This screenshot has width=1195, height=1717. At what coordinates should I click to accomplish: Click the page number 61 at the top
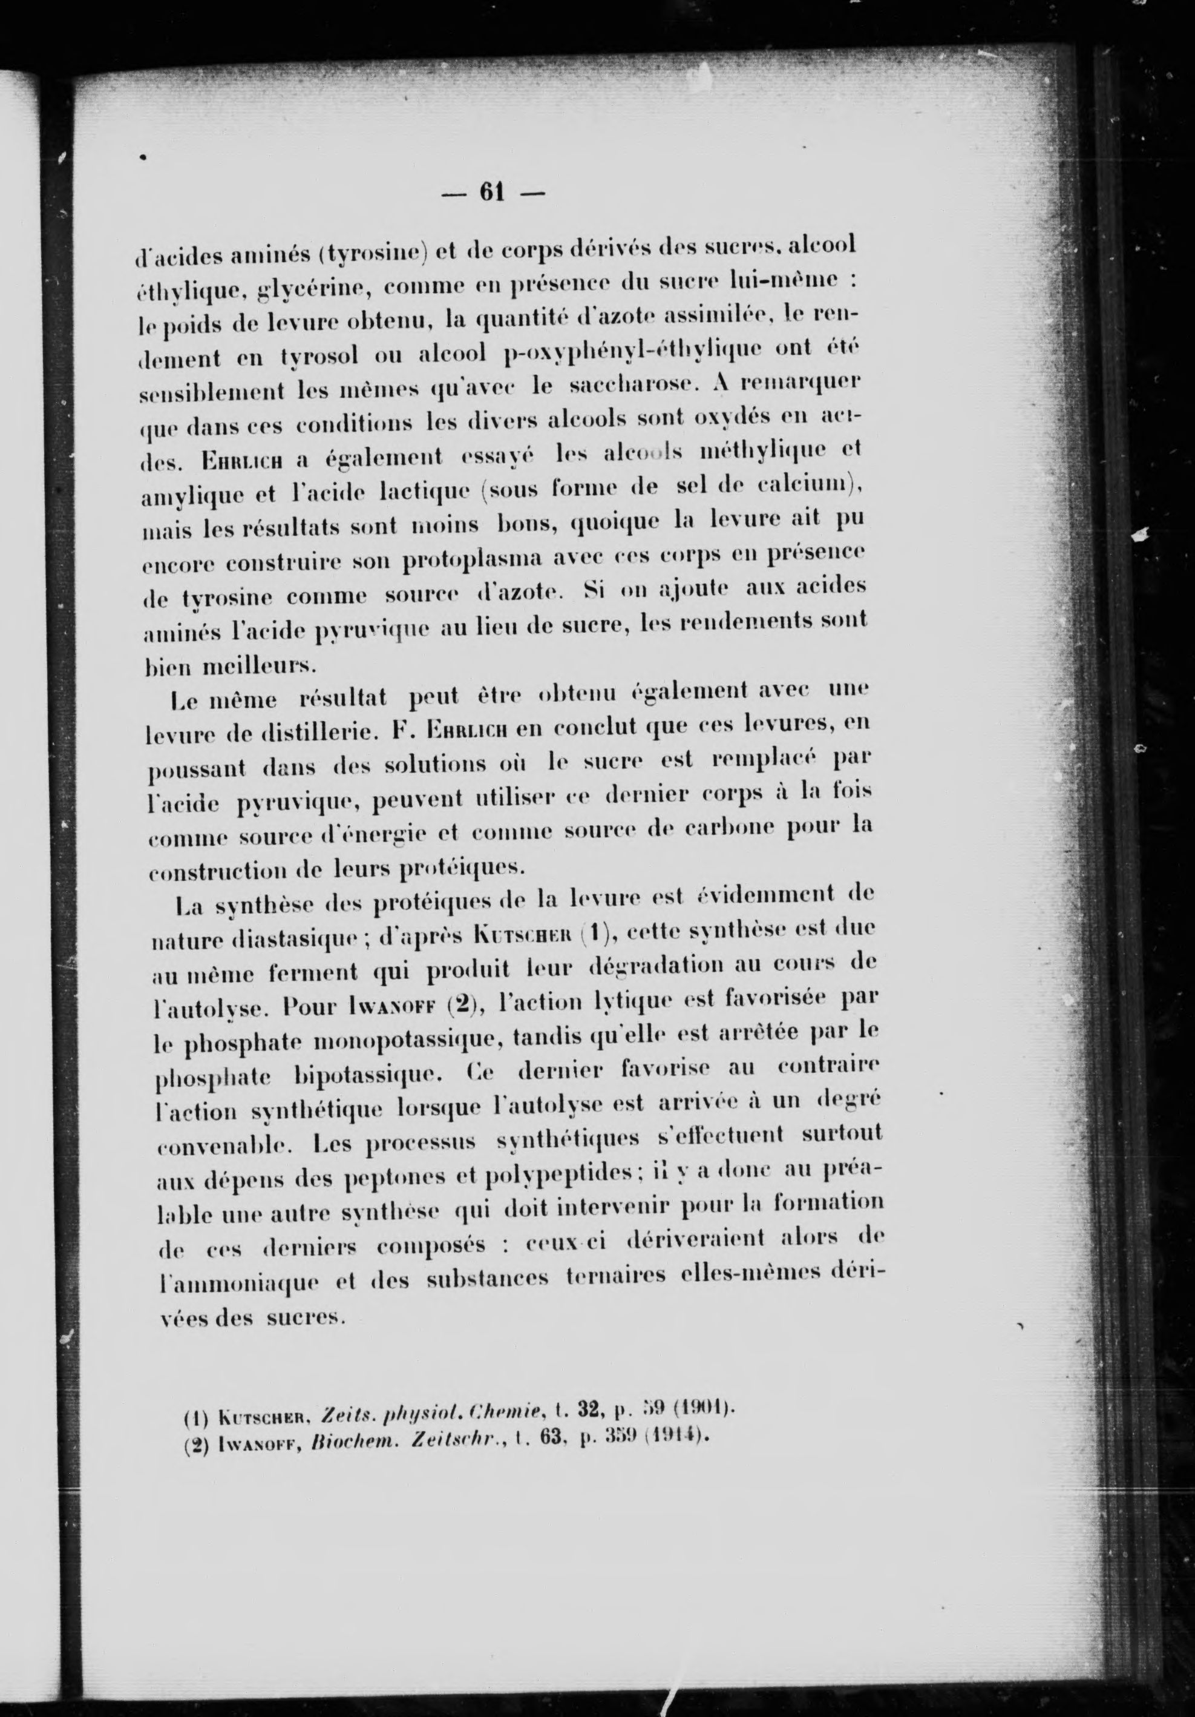493,193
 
